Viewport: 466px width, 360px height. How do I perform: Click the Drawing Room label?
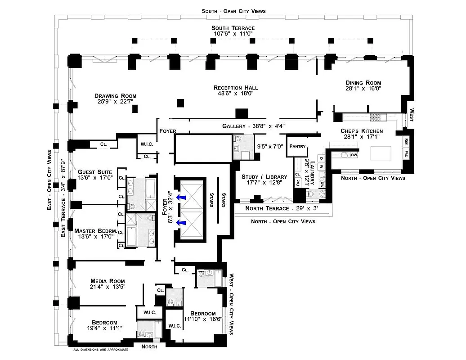[x=115, y=96]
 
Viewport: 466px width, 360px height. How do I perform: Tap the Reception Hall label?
[x=236, y=87]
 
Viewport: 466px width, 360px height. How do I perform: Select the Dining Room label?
[x=363, y=82]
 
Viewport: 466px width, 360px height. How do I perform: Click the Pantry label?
[x=297, y=146]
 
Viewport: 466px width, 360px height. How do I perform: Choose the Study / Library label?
[x=261, y=177]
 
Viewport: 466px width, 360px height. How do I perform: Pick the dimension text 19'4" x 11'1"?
[x=104, y=328]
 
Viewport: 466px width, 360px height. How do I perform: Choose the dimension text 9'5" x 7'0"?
[x=271, y=146]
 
